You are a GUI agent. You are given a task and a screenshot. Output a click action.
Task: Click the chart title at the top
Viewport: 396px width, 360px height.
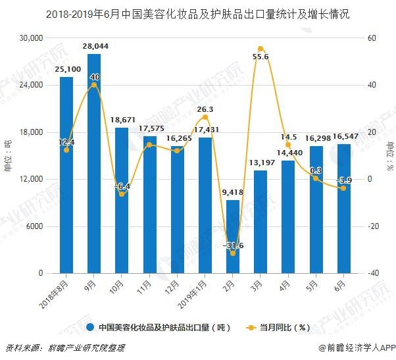pyautogui.click(x=197, y=13)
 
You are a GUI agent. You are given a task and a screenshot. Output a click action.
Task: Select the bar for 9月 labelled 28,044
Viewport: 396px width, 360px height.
pyautogui.click(x=94, y=165)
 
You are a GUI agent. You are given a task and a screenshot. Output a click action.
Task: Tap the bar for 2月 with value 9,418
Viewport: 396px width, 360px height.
pyautogui.click(x=233, y=237)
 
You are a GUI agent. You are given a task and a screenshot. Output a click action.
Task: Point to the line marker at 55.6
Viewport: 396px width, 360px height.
pyautogui.click(x=260, y=49)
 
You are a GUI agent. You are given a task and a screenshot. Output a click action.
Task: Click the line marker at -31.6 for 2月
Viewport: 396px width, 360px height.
pyautogui.click(x=233, y=253)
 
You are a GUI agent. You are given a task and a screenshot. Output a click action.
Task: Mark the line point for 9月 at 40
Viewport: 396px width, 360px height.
pyautogui.click(x=94, y=85)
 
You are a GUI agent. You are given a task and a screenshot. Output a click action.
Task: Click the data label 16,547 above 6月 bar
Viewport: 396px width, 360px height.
pyautogui.click(x=343, y=136)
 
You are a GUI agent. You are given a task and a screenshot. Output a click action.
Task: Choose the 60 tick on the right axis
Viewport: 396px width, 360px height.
pyautogui.click(x=372, y=38)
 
